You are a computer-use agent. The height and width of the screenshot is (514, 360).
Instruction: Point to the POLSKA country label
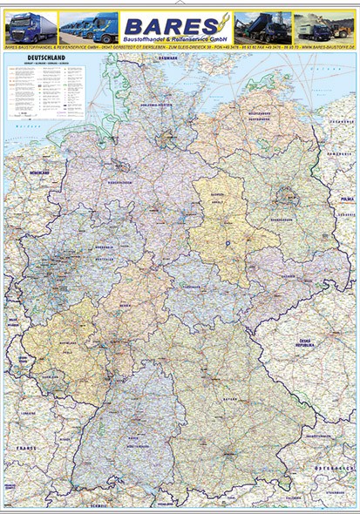pyautogui.click(x=347, y=199)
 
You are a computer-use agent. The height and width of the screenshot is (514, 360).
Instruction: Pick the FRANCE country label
pyautogui.click(x=32, y=448)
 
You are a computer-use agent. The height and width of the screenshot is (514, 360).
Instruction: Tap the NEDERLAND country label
pyautogui.click(x=39, y=173)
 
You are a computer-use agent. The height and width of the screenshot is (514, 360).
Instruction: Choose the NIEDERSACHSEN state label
pyautogui.click(x=119, y=182)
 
